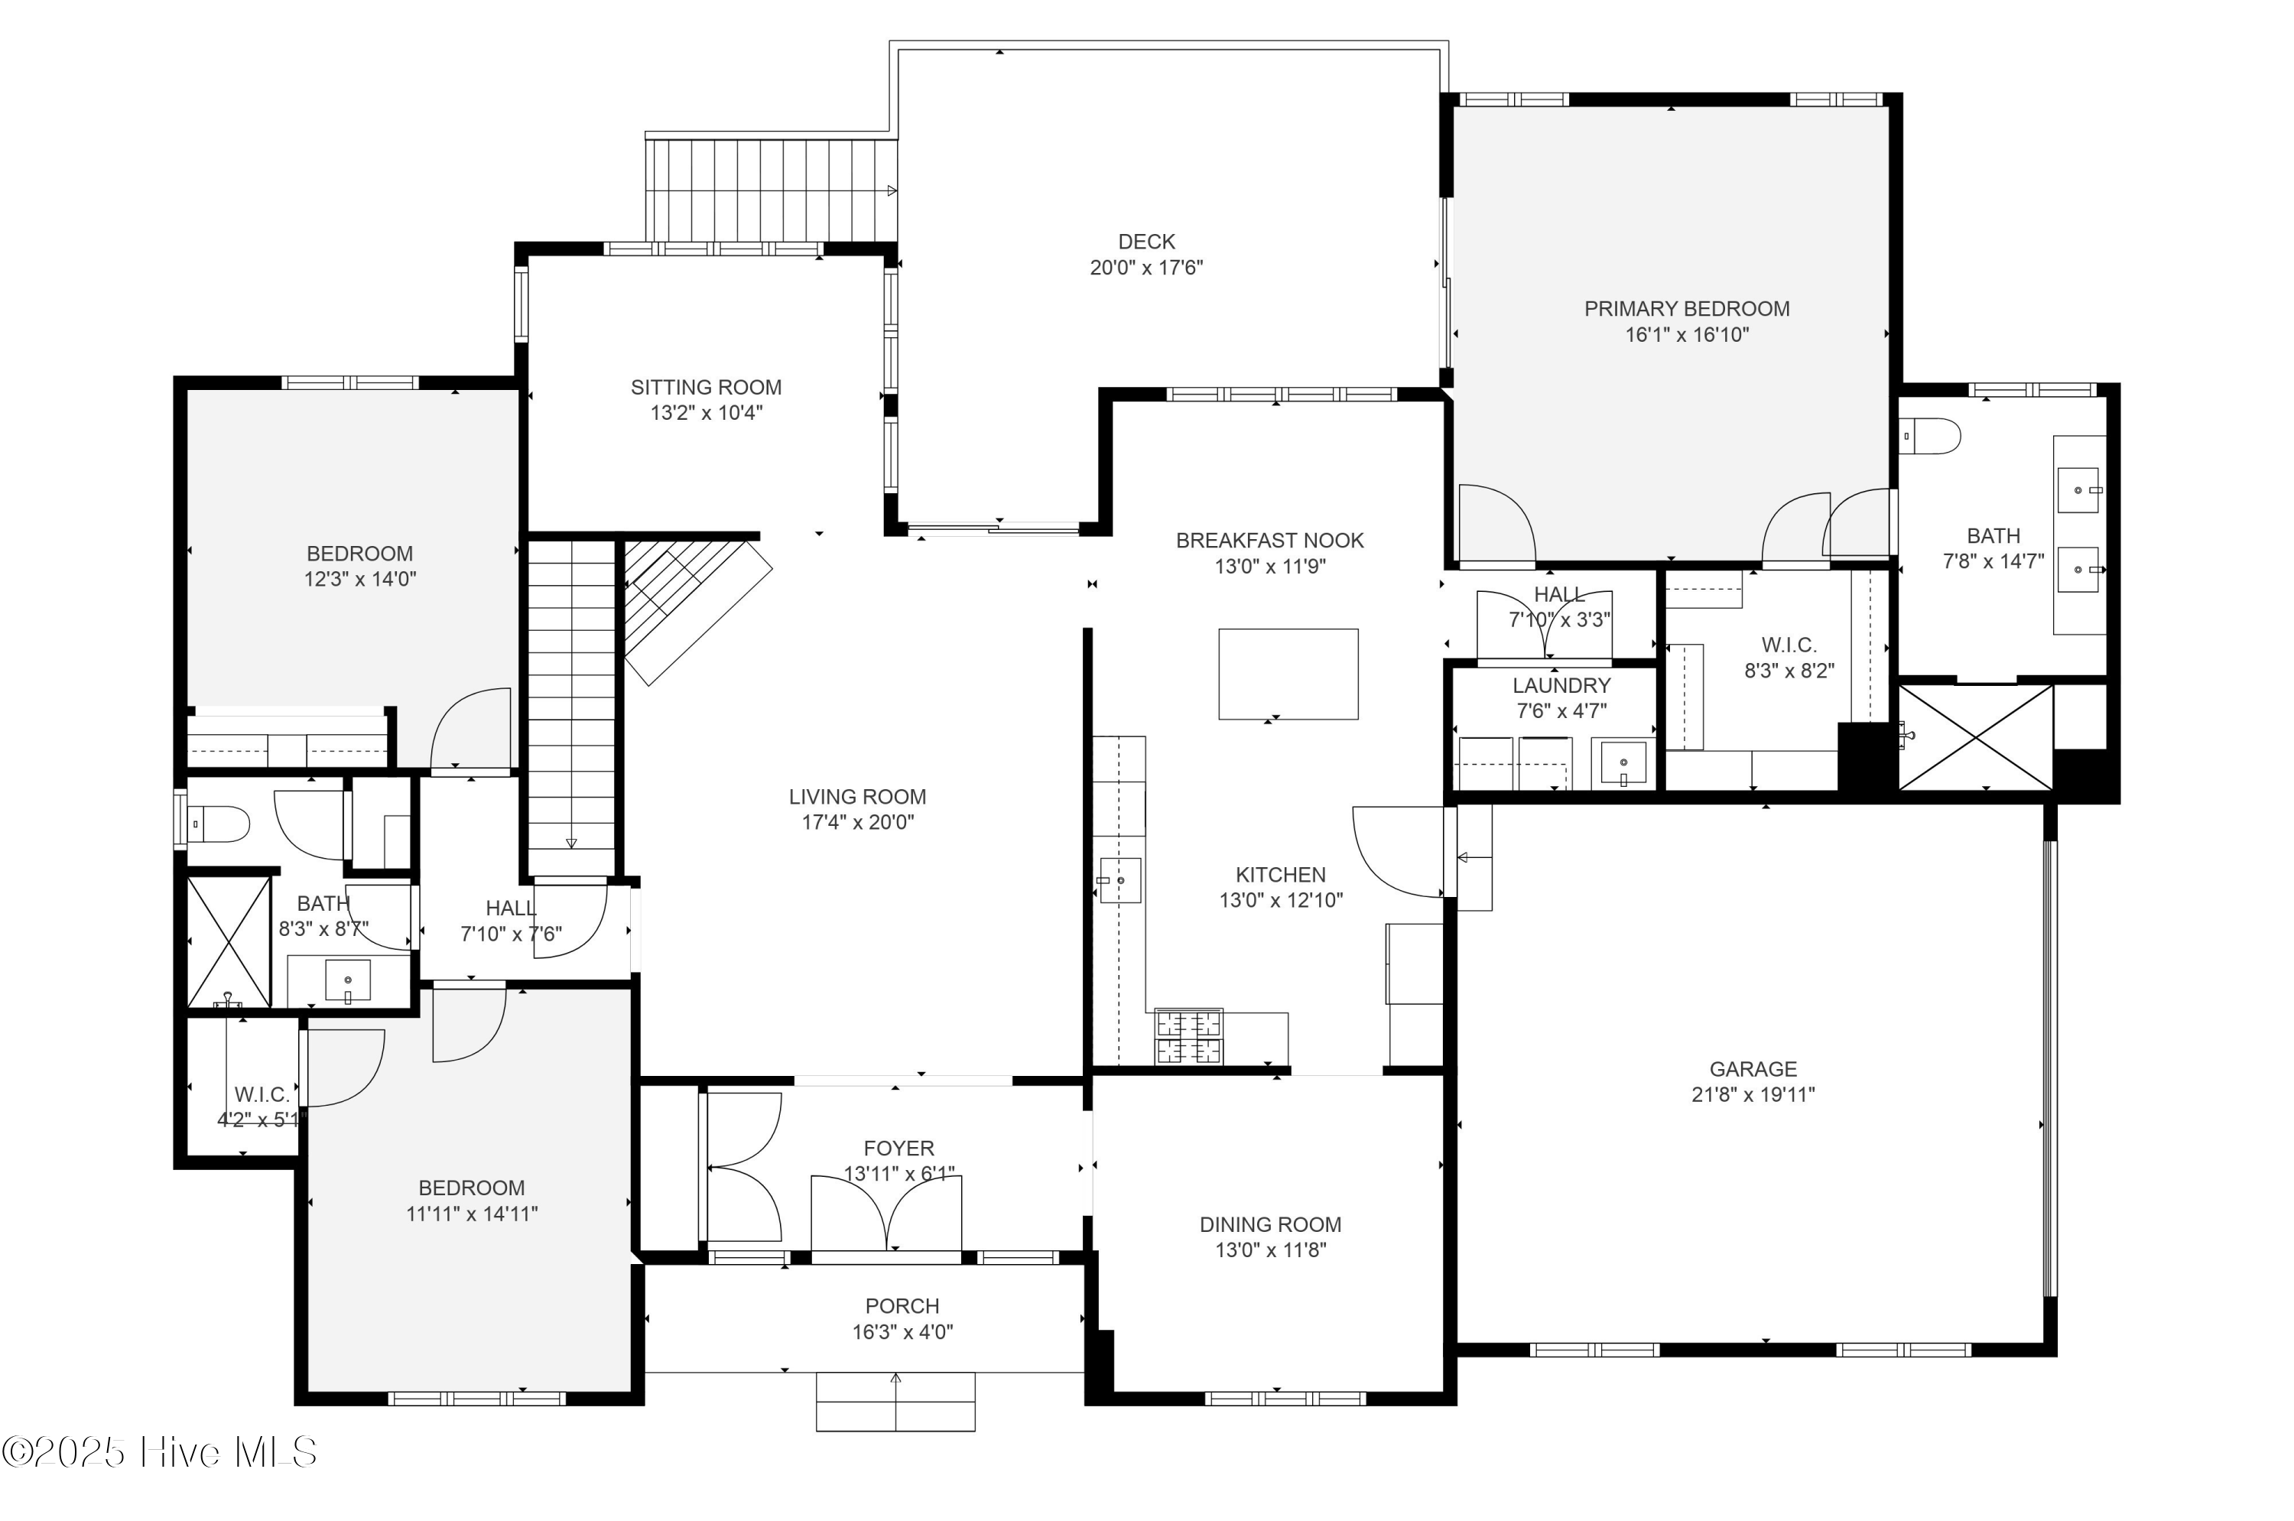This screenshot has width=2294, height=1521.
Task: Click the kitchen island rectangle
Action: [x=1287, y=673]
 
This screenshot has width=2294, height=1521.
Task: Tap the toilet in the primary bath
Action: [x=1929, y=436]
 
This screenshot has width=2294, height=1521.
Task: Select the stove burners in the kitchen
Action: [x=1188, y=1036]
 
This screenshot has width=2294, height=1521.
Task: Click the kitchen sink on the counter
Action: [x=1119, y=880]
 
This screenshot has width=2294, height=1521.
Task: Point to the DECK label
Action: [x=1145, y=242]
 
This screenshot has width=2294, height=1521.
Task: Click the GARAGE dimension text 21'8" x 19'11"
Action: [x=1752, y=1094]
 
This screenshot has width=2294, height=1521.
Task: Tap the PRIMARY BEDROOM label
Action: [x=1686, y=308]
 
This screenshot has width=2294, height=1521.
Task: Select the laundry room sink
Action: [x=1623, y=762]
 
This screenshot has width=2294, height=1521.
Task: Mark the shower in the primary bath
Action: [x=1975, y=737]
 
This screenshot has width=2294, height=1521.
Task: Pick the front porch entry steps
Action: [x=895, y=1401]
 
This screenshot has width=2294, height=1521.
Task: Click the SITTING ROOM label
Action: [x=705, y=387]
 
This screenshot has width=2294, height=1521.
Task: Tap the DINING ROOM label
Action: [x=1269, y=1224]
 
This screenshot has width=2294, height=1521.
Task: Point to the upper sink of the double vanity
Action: [x=2078, y=490]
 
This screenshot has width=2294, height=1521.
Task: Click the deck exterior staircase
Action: [x=771, y=190]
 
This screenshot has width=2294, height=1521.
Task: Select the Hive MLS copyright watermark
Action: [x=160, y=1452]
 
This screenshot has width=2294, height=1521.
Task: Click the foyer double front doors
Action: [x=885, y=1214]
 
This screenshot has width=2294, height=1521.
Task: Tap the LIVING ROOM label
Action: [x=856, y=796]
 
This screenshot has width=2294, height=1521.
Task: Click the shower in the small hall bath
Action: [x=228, y=941]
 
